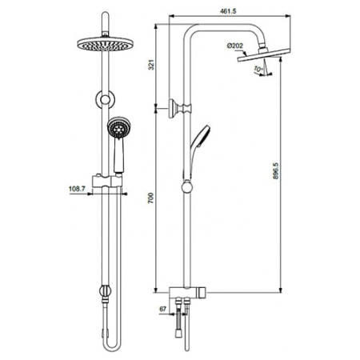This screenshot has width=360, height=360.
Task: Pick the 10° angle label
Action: [255, 70]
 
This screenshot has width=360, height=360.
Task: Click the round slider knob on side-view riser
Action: [187, 190]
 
